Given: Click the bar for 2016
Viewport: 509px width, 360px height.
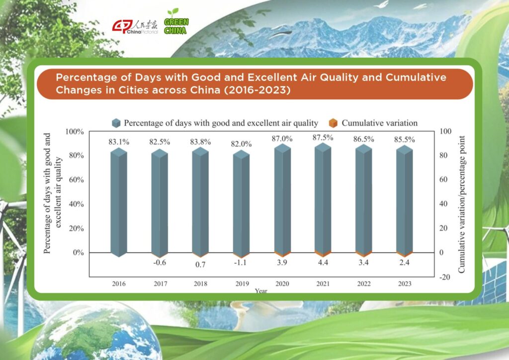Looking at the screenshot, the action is click(118, 202).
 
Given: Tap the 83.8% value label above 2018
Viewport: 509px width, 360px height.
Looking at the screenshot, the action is click(200, 142).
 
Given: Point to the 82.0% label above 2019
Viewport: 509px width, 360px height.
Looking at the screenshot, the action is click(241, 144).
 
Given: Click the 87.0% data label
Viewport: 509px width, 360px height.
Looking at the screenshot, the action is click(282, 139).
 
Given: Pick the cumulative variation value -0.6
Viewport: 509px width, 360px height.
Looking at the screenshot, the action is click(160, 262).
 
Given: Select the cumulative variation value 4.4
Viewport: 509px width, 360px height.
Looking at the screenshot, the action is click(323, 262).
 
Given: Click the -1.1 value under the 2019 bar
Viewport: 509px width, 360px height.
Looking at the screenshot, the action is click(240, 262).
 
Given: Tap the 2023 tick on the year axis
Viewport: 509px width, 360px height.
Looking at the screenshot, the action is click(405, 284).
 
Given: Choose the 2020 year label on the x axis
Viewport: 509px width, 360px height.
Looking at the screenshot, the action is click(282, 284).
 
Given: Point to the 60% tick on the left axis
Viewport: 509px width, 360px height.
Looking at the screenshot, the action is click(76, 180).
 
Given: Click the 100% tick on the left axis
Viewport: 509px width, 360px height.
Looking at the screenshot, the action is click(75, 131).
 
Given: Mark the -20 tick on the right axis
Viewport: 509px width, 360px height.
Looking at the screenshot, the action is click(445, 277).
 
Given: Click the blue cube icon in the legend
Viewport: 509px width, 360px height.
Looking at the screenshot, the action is click(116, 123).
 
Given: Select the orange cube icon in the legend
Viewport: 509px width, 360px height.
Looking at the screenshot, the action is click(333, 123).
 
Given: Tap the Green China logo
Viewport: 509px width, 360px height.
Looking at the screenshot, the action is click(176, 22).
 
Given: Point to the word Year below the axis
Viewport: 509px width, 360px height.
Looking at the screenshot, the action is click(261, 291).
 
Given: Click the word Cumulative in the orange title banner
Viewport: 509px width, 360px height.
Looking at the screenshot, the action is click(416, 77).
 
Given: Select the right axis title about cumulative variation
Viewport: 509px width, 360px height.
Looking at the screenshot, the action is click(461, 204).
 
